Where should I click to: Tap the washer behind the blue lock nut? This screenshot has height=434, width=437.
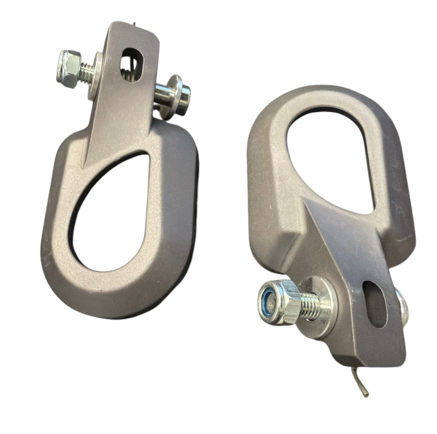pos(322,307)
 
